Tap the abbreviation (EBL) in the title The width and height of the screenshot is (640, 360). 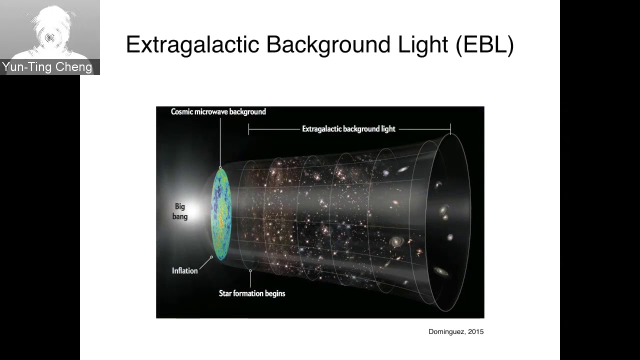click(484, 44)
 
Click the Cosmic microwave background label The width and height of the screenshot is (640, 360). click(218, 111)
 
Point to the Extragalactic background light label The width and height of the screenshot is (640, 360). click(348, 129)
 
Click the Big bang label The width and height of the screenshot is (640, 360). click(180, 211)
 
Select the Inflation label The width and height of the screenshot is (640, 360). click(185, 270)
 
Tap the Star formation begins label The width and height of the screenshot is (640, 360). click(252, 293)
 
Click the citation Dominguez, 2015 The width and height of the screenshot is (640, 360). click(456, 331)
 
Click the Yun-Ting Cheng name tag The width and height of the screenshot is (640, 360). click(47, 67)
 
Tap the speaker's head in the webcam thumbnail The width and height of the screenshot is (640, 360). click(50, 30)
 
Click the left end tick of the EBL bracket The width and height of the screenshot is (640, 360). click(248, 129)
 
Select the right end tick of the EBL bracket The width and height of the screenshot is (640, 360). click(450, 129)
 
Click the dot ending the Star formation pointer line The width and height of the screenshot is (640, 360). click(250, 271)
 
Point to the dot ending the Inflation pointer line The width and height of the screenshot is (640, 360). click(211, 257)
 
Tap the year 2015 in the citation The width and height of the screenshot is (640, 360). click(475, 331)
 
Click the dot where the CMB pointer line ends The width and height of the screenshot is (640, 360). click(220, 167)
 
